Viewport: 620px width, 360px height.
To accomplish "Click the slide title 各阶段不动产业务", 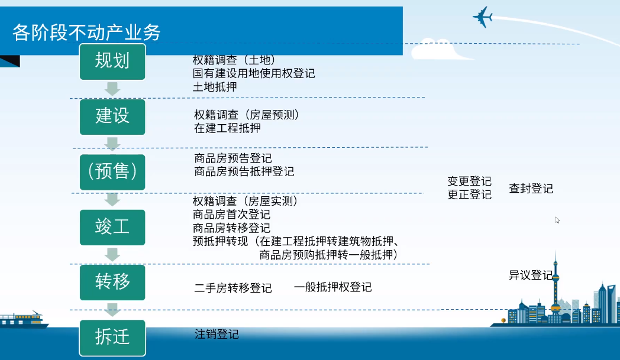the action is (86, 33).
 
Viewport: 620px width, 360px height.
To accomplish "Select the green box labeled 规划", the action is (112, 61).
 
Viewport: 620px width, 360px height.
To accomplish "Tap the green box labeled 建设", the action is (112, 117).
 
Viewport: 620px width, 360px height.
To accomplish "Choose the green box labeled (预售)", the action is (112, 172).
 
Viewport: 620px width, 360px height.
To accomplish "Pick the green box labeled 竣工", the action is (112, 227).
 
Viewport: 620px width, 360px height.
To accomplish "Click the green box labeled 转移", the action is (112, 282).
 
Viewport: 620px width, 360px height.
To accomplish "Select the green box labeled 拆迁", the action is (112, 338).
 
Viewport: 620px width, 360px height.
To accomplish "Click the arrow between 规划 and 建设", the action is (112, 89).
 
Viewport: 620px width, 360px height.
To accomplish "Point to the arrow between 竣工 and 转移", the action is (112, 255).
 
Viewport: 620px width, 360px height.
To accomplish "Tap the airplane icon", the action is (482, 17).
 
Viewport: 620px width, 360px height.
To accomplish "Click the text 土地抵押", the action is (215, 87).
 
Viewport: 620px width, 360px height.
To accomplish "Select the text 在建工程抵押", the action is (227, 128).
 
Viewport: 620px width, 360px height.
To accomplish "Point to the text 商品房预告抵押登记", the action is (244, 171).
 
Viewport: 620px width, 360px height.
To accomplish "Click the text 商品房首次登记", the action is (231, 215).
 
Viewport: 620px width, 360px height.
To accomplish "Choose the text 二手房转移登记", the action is (233, 288).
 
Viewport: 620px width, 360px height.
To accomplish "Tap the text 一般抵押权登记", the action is (333, 287).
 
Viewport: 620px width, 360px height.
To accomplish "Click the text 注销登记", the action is (217, 335).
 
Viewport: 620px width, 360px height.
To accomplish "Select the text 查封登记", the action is (531, 189).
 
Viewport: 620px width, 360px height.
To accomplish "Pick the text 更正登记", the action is (469, 194).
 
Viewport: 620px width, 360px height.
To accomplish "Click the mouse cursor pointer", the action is (557, 220).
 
